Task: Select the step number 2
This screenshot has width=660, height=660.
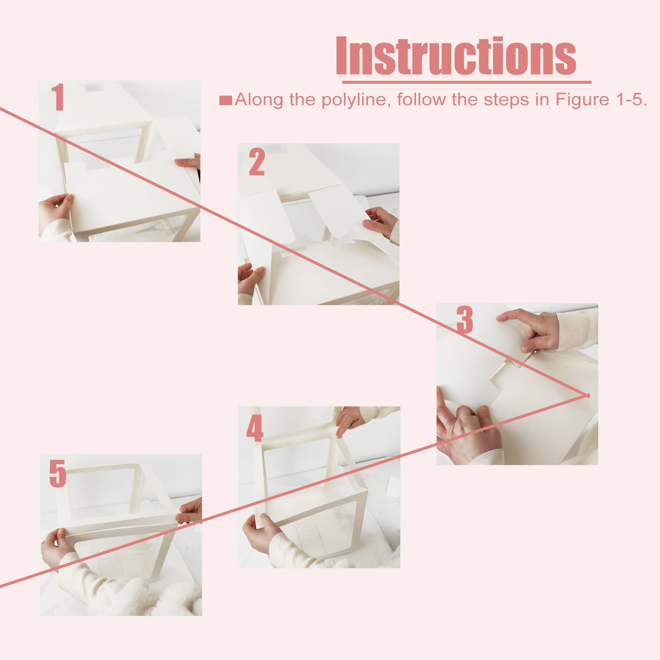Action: tap(256, 162)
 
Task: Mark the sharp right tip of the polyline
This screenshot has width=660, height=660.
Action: tap(589, 395)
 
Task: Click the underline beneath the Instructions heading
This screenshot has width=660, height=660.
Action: tap(464, 82)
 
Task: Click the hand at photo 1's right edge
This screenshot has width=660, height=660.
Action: tap(188, 162)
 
